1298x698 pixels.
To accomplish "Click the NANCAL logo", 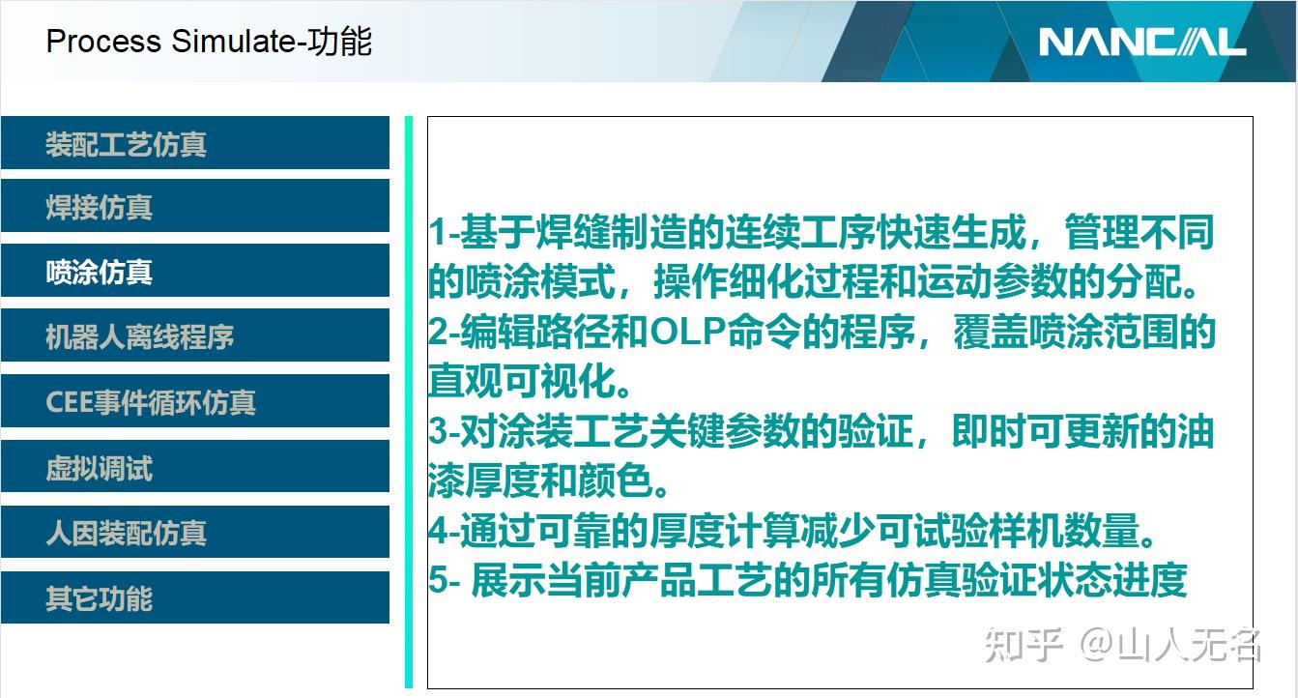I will (x=1141, y=42).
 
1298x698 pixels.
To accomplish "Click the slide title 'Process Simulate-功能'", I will (x=209, y=42).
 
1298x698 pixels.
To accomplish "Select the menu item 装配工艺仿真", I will (x=126, y=144).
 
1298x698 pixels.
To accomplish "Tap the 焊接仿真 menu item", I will (x=99, y=207).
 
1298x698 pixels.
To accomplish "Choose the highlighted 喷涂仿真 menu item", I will (x=99, y=272).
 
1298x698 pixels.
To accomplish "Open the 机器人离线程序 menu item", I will (x=139, y=337).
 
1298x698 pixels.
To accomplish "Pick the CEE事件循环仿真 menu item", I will (x=151, y=402).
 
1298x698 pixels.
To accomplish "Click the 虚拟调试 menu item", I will (x=99, y=469).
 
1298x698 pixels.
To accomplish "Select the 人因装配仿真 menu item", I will (x=126, y=533).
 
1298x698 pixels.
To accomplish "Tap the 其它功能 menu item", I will (x=99, y=598).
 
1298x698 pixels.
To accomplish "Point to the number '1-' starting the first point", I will (x=443, y=233).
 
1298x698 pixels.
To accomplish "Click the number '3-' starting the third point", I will (x=443, y=431).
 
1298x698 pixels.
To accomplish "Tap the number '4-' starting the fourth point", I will (x=443, y=531).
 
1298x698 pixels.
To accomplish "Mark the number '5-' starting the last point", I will (x=443, y=580).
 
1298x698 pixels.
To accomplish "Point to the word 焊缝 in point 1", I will (x=550, y=233).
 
